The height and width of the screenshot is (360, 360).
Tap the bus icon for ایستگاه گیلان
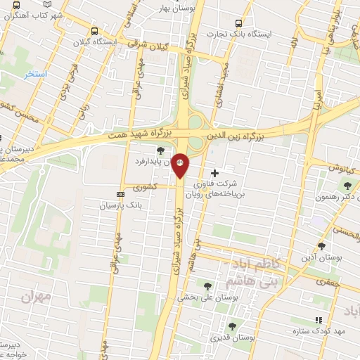(94, 30)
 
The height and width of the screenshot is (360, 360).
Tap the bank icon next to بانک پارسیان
(119, 195)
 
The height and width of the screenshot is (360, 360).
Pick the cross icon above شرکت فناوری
(214, 172)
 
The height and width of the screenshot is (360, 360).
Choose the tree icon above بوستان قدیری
(232, 326)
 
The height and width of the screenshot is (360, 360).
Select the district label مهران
(37, 296)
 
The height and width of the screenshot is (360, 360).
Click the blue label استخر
(34, 74)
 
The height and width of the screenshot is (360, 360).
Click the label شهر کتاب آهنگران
(32, 14)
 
